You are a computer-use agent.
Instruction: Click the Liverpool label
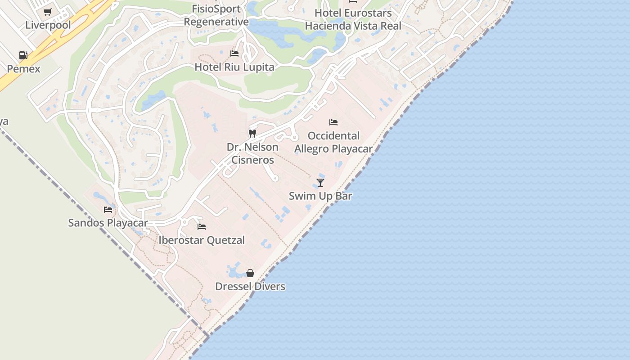[x=48, y=25]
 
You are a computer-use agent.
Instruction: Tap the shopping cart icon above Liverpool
[x=47, y=12]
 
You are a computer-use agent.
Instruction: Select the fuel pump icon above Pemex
[x=23, y=55]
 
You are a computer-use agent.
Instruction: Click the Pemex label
[x=23, y=69]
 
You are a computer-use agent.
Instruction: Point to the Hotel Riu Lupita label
[x=234, y=67]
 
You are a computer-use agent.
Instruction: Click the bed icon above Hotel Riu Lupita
[x=234, y=54]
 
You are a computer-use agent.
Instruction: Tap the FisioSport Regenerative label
[x=216, y=15]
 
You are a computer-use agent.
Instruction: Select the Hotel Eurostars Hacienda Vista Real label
[x=353, y=19]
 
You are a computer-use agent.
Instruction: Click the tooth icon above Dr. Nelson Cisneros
[x=252, y=134]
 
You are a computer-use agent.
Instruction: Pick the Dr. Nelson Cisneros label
[x=252, y=153]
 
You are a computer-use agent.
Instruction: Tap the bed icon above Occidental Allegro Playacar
[x=333, y=122]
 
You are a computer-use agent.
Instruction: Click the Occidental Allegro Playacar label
[x=333, y=142]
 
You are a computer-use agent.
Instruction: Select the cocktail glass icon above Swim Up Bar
[x=320, y=182]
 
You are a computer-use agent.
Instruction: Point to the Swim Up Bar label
[x=320, y=196]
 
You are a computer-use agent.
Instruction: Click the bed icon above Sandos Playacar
[x=108, y=209]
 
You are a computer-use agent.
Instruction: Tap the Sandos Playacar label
[x=108, y=223]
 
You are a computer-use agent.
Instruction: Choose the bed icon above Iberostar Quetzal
[x=202, y=227]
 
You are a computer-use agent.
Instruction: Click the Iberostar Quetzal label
[x=202, y=240]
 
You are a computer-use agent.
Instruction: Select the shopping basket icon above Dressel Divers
[x=250, y=273]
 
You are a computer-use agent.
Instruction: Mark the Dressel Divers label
[x=250, y=287]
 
